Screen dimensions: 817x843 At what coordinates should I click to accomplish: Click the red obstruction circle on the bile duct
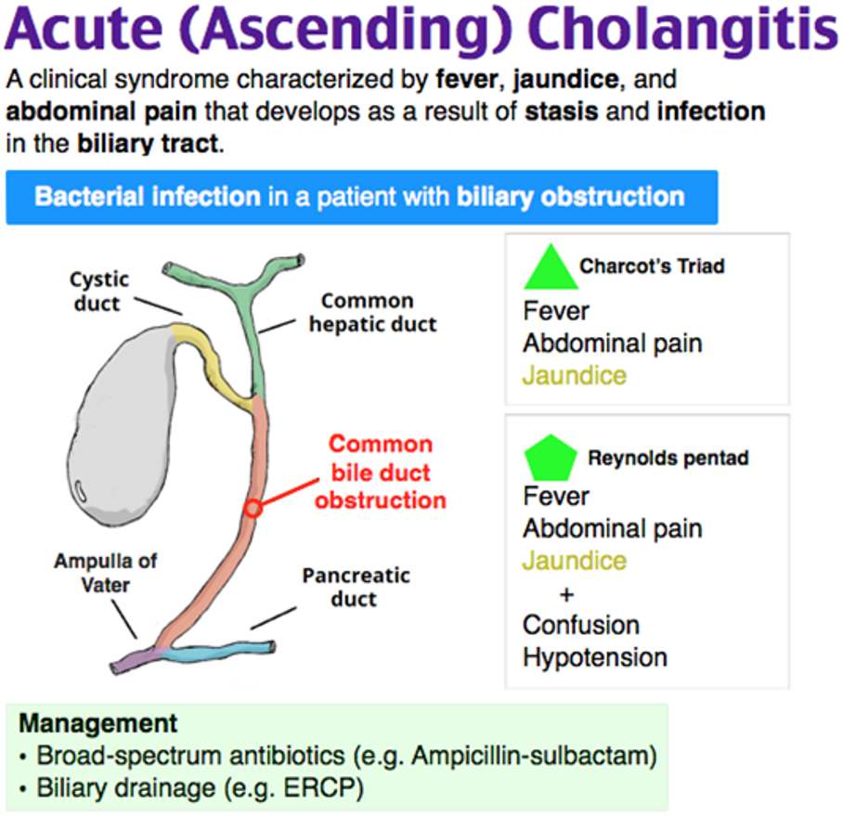click(253, 508)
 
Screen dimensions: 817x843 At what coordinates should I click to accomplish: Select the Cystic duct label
click(99, 291)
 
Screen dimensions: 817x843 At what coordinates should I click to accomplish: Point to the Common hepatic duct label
click(372, 313)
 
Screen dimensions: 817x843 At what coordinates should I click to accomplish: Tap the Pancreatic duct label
click(356, 587)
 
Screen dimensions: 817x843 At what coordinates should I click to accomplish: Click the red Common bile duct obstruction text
click(381, 472)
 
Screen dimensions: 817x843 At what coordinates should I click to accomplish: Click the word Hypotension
click(595, 657)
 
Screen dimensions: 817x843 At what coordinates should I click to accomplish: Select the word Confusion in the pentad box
click(581, 625)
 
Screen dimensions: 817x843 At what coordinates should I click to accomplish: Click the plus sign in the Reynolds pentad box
click(568, 594)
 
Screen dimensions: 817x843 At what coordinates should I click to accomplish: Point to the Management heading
click(97, 723)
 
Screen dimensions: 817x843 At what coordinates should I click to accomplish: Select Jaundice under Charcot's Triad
click(575, 375)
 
